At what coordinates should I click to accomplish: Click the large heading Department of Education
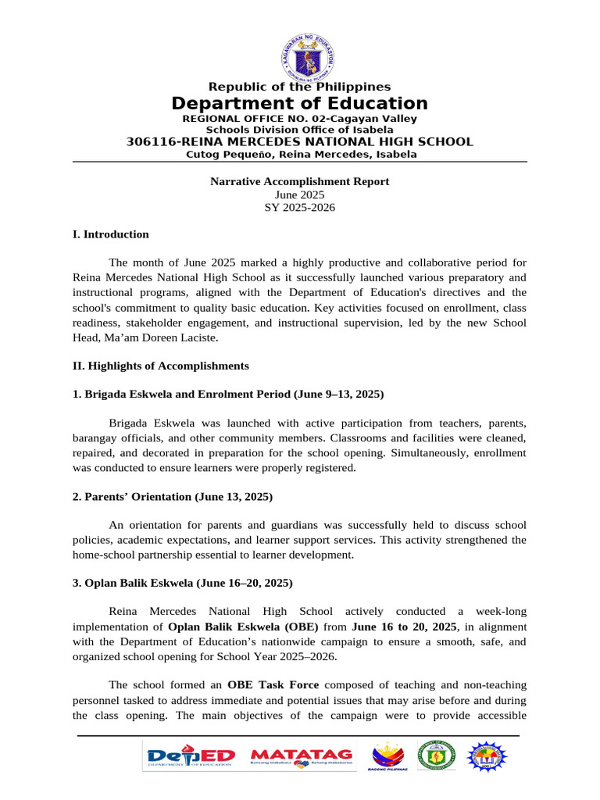pyautogui.click(x=299, y=104)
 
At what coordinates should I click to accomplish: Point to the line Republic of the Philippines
pyautogui.click(x=299, y=87)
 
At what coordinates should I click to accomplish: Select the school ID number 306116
pyautogui.click(x=151, y=141)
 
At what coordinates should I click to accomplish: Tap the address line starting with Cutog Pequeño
pyautogui.click(x=299, y=155)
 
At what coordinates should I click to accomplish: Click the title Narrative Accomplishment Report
pyautogui.click(x=299, y=182)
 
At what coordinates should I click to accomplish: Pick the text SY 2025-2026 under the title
pyautogui.click(x=299, y=207)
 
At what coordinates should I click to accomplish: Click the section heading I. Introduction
pyautogui.click(x=110, y=234)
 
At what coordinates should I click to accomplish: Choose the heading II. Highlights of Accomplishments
pyautogui.click(x=160, y=366)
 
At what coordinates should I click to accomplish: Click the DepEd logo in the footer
pyautogui.click(x=191, y=756)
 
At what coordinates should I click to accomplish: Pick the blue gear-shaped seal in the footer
pyautogui.click(x=487, y=756)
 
